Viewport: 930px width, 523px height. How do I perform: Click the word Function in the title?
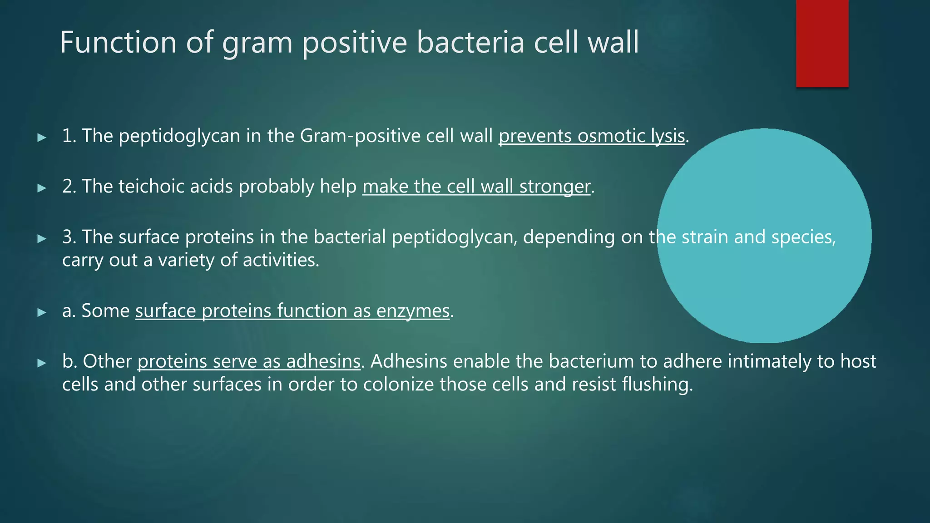[118, 42]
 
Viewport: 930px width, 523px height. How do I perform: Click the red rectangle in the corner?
[822, 43]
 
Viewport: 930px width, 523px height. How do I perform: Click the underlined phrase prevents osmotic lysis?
[591, 136]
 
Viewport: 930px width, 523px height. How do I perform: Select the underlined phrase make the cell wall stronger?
[476, 187]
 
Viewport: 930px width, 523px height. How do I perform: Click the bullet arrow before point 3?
[42, 238]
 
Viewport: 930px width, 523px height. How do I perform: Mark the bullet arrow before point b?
[42, 363]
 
